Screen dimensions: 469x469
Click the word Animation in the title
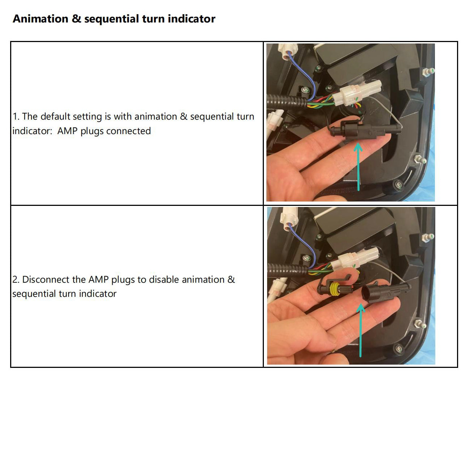click(40, 19)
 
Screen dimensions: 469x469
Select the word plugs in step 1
click(92, 131)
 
